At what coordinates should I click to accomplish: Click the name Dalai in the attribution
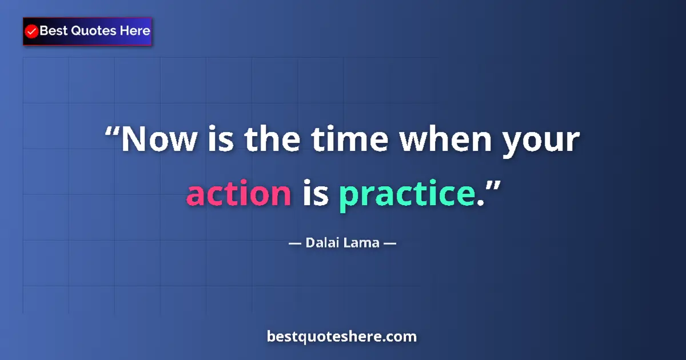322,243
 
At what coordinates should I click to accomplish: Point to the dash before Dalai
294,243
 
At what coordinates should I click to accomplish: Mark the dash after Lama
390,243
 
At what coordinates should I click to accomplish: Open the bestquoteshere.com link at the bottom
342,337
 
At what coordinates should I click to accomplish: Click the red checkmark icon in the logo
32,31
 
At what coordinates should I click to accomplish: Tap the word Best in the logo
53,31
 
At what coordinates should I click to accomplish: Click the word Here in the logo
135,31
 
